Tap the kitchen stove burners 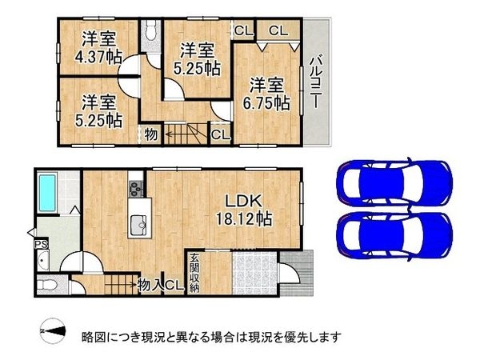134,190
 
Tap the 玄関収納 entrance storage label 194,271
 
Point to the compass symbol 52,329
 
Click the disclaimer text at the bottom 211,336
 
